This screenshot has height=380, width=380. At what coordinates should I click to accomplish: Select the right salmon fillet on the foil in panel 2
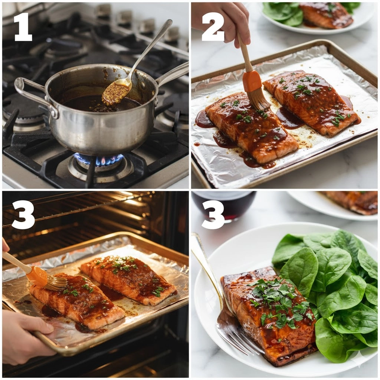pos(311,102)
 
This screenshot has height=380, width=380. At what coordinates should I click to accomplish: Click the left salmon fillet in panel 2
pos(252,127)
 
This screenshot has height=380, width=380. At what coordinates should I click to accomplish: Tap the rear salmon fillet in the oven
pos(128,279)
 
